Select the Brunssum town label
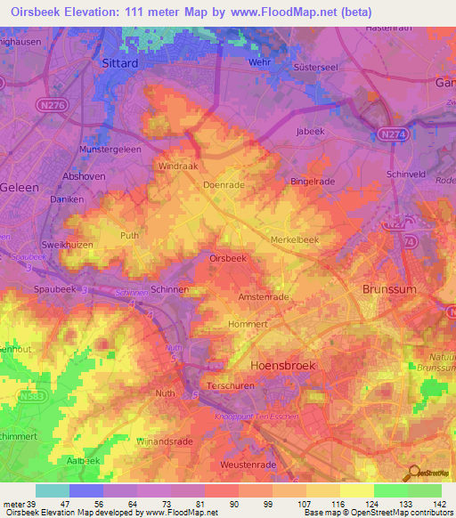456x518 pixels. point(388,290)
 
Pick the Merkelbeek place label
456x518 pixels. point(295,240)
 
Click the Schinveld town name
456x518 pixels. point(408,174)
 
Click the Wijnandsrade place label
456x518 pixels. point(163,441)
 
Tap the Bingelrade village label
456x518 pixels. point(312,182)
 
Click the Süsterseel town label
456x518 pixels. point(337,66)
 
